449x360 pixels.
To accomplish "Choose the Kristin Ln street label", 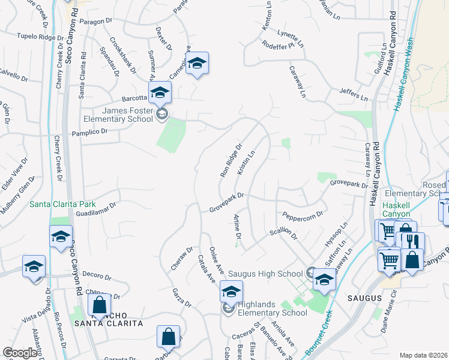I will pos(246,163).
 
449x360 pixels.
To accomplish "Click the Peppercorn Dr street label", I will pos(303,214).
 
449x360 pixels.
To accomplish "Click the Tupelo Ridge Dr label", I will pos(40,37).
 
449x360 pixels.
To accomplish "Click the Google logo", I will pos(20,353).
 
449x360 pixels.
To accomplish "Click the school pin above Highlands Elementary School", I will pos(231,292).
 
